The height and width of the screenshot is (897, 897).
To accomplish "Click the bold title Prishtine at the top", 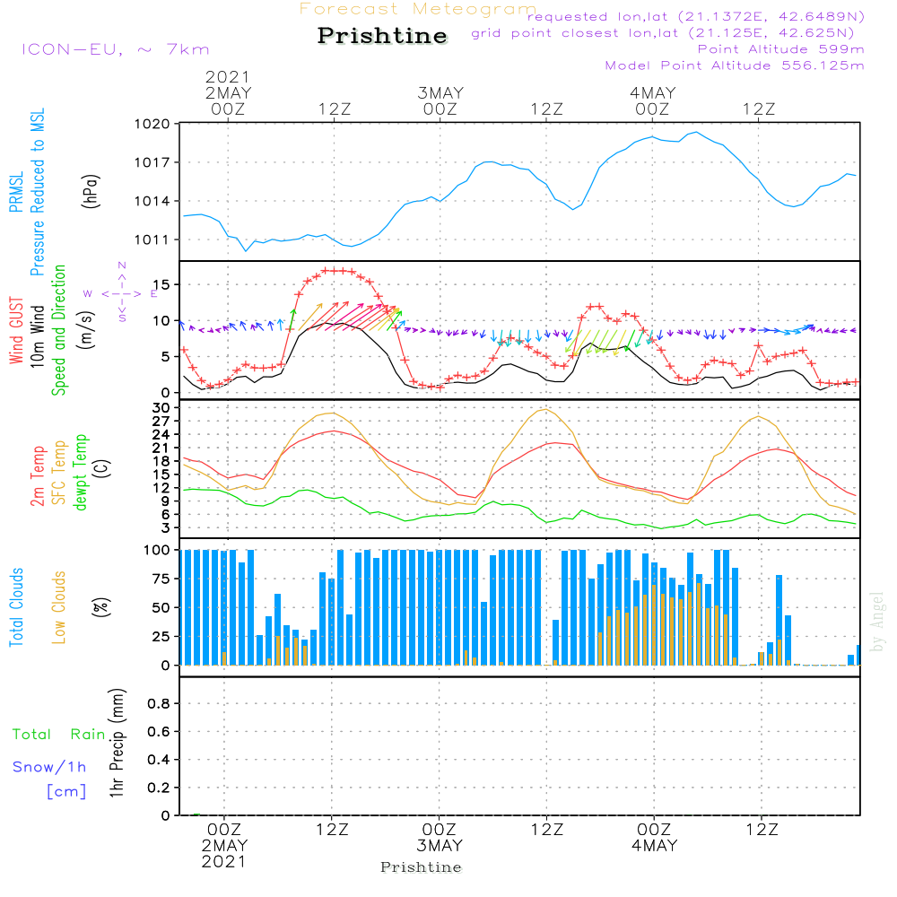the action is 382,36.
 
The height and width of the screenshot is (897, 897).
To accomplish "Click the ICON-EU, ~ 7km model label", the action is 116,49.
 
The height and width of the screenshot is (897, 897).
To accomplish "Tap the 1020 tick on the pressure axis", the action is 152,124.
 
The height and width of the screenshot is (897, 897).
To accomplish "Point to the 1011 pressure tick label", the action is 152,239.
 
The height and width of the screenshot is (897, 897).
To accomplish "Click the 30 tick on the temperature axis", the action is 161,408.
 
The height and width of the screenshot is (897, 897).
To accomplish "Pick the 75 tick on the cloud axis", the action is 161,579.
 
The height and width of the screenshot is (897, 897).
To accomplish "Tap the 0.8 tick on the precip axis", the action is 159,703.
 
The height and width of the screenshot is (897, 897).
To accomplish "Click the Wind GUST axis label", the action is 16,331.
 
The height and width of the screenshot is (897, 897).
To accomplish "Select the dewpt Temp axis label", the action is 80,472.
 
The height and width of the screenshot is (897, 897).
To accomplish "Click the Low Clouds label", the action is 58,607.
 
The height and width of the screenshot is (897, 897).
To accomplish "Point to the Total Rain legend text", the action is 59,735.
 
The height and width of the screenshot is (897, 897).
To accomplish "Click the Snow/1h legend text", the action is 49,767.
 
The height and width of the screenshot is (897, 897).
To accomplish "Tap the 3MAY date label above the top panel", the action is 440,93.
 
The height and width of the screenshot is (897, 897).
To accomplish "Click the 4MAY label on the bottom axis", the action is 655,846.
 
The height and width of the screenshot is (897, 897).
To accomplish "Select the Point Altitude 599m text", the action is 780,49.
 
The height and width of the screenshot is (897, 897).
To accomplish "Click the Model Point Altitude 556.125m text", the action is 735,65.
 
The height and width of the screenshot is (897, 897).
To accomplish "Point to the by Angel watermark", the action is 877,622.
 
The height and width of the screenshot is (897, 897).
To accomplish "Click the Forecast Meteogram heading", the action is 418,9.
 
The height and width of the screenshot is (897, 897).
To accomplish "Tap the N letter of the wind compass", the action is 122,266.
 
